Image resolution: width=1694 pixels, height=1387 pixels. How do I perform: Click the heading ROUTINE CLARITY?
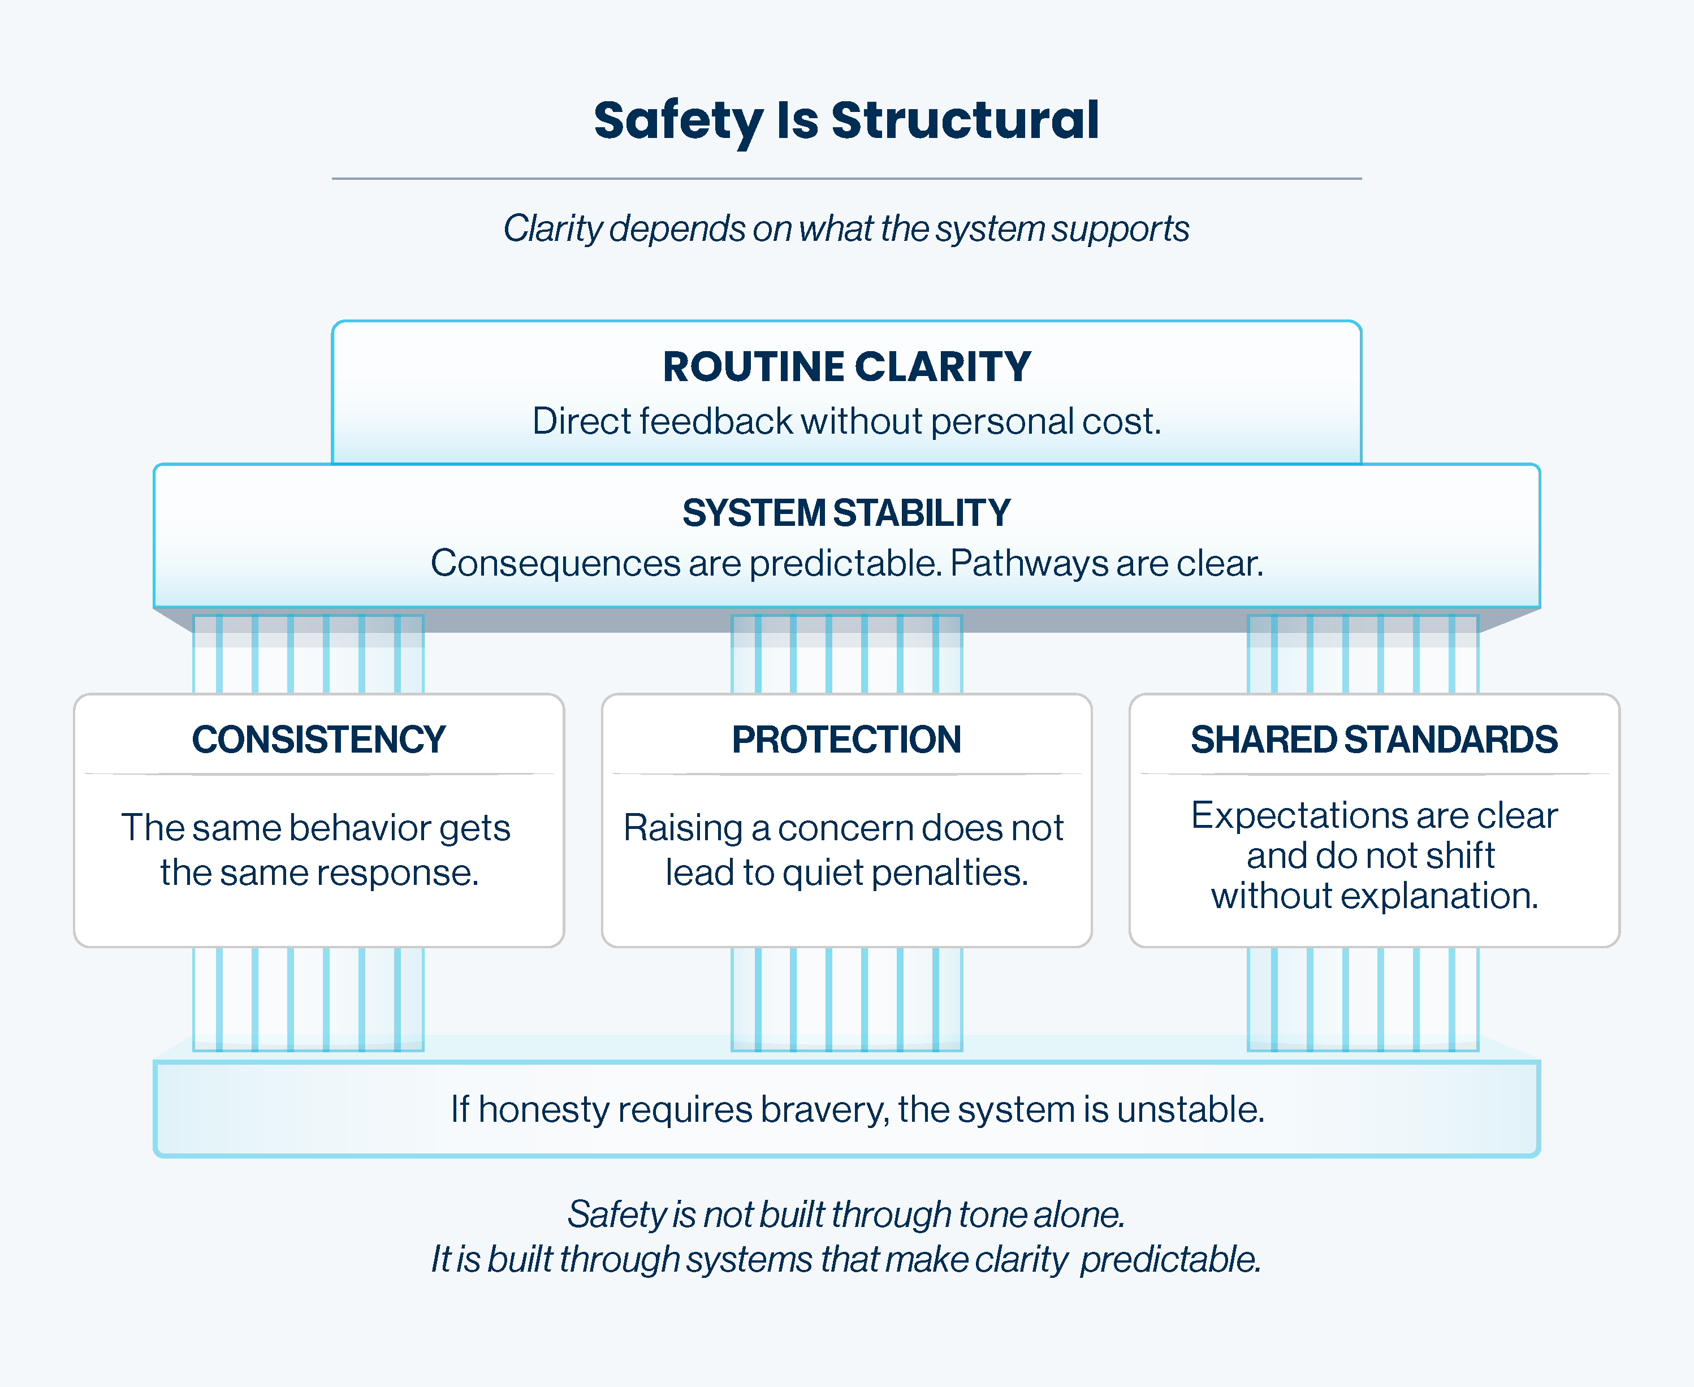click(846, 368)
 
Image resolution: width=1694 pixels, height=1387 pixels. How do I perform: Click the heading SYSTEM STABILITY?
click(846, 513)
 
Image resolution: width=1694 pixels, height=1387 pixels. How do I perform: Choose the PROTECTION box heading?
click(846, 740)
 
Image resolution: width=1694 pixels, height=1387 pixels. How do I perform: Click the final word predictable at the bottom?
click(1170, 1260)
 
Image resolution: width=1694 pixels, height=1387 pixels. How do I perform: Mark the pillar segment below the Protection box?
click(846, 999)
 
